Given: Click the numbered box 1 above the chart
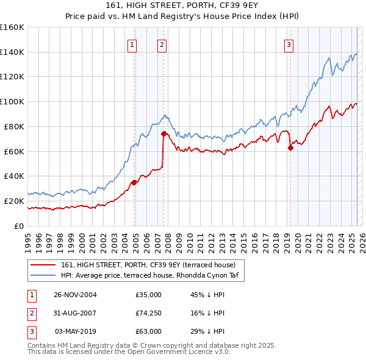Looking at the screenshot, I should point(132,44).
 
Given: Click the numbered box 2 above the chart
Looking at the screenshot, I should point(162,44).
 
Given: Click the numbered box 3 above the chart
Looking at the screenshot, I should point(288,44).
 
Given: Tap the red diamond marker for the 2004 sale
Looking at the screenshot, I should point(134,182).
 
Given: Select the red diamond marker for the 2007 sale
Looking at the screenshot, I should point(163,133).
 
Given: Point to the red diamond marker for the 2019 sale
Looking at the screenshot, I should point(290,147).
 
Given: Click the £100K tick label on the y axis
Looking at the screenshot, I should point(12,101).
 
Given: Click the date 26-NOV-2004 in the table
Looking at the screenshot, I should point(75,295).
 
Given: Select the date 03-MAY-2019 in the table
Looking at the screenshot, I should point(76,331).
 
